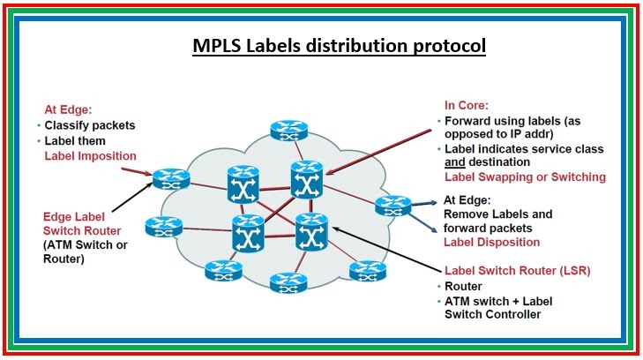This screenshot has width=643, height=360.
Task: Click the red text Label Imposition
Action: [90, 156]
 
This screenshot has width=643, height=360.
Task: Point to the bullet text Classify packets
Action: [90, 125]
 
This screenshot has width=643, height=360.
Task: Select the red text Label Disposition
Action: [490, 242]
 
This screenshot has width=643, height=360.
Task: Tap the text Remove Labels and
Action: [497, 214]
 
